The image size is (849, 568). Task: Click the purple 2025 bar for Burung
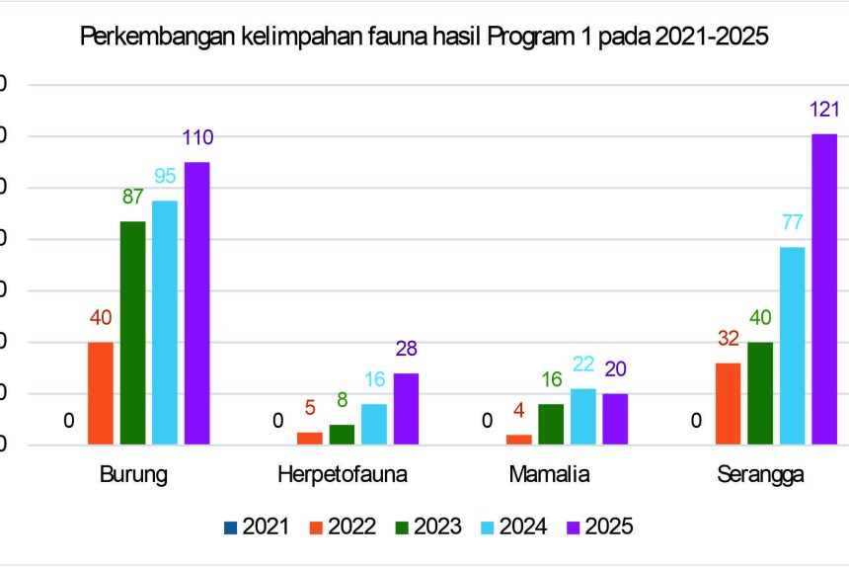196,303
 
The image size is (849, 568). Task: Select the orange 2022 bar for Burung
101,393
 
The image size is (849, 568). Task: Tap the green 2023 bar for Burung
133,333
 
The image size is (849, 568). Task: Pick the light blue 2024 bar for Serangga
793,346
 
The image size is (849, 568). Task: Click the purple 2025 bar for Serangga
824,289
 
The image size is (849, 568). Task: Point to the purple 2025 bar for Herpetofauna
406,409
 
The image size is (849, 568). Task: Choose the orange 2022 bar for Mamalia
519,440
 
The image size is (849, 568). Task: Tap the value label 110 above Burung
196,138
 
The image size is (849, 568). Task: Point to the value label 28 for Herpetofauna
406,350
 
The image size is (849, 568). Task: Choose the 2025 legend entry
598,527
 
